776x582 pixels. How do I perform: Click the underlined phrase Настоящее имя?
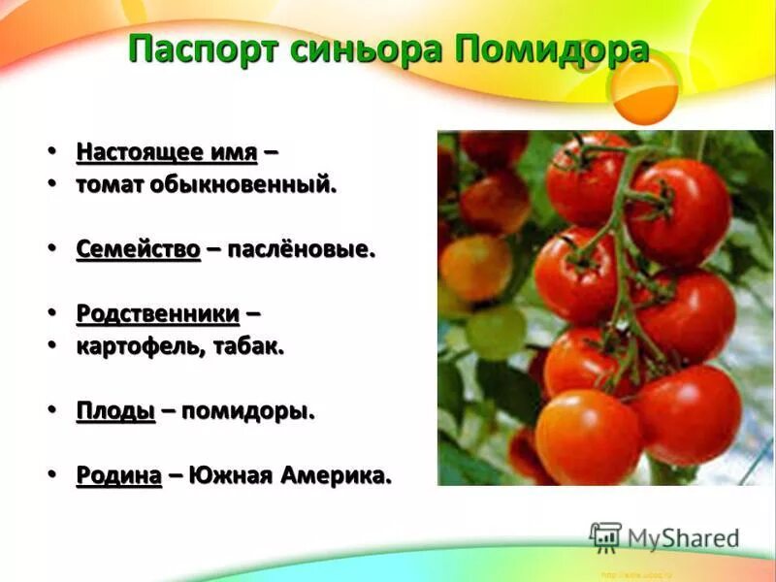coord(167,152)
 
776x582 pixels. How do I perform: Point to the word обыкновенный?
coord(242,184)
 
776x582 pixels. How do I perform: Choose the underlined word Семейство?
coord(138,249)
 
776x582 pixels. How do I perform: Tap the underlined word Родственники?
coord(157,314)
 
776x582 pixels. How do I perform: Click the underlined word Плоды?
coord(115,411)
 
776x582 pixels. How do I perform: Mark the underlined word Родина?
coord(118,476)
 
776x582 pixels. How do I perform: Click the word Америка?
coord(336,476)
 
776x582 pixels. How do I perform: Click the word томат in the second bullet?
coord(110,184)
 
